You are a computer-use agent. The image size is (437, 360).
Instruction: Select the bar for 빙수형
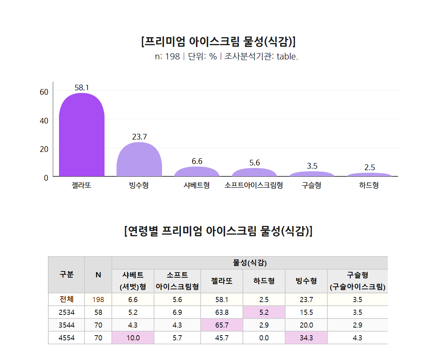tap(139, 160)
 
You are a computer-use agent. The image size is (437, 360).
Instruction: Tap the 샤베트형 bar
tap(197, 172)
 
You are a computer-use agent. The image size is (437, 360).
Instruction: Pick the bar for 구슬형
tap(312, 174)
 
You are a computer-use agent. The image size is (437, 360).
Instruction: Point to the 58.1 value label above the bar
tap(82, 87)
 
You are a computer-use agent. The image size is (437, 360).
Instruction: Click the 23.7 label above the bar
tap(139, 137)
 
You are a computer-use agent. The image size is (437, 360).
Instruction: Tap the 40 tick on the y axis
tap(44, 120)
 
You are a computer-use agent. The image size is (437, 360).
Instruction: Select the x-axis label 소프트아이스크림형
tap(254, 185)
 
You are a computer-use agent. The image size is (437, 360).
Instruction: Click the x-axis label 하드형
tap(369, 185)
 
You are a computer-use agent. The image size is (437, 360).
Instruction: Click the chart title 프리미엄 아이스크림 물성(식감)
tap(218, 42)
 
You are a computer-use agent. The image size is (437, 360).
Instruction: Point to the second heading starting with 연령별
tap(218, 231)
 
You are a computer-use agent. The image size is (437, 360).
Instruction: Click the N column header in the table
tap(98, 275)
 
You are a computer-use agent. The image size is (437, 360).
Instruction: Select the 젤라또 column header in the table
tap(221, 281)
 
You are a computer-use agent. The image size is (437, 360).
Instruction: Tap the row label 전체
tap(66, 300)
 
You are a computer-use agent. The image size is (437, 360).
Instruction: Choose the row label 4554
tap(66, 338)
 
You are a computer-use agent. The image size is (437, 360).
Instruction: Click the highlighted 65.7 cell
tap(221, 325)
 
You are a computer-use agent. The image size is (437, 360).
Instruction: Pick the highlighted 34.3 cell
tap(306, 338)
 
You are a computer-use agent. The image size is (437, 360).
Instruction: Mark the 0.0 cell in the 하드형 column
tap(264, 338)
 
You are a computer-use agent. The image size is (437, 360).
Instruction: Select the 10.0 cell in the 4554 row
tap(133, 338)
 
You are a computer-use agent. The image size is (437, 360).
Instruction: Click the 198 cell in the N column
tap(98, 300)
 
